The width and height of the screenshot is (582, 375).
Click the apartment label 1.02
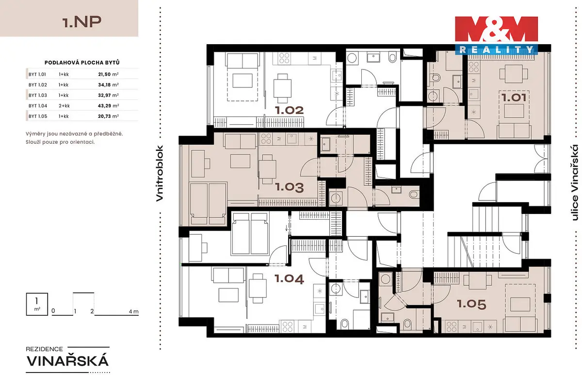[x=289, y=111]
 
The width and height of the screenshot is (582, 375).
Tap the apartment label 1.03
[x=289, y=187]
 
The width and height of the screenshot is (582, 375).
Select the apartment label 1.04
[x=289, y=279]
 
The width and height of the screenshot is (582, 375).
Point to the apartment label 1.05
[x=471, y=304]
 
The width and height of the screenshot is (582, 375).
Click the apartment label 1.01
[x=514, y=98]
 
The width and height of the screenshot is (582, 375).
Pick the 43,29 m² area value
[x=108, y=106]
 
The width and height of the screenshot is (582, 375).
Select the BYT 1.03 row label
[x=38, y=96]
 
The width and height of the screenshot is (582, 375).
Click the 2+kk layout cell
[x=64, y=106]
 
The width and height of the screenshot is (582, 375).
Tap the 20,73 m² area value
[x=108, y=116]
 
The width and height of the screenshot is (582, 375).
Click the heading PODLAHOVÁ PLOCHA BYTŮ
[x=82, y=63]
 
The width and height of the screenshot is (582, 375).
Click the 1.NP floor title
[x=82, y=22]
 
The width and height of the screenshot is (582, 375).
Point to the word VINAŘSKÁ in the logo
[x=67, y=361]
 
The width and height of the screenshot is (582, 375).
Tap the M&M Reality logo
[x=496, y=35]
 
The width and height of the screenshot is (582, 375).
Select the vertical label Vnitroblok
[x=159, y=173]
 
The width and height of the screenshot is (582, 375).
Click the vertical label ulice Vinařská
[x=574, y=183]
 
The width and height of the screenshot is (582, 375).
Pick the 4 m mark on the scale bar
[x=133, y=311]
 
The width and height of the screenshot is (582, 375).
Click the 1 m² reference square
[x=37, y=304]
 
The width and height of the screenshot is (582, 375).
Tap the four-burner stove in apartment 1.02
[x=284, y=58]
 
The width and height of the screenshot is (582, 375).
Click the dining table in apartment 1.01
[x=514, y=74]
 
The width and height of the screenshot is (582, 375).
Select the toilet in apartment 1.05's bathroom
[x=407, y=325]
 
